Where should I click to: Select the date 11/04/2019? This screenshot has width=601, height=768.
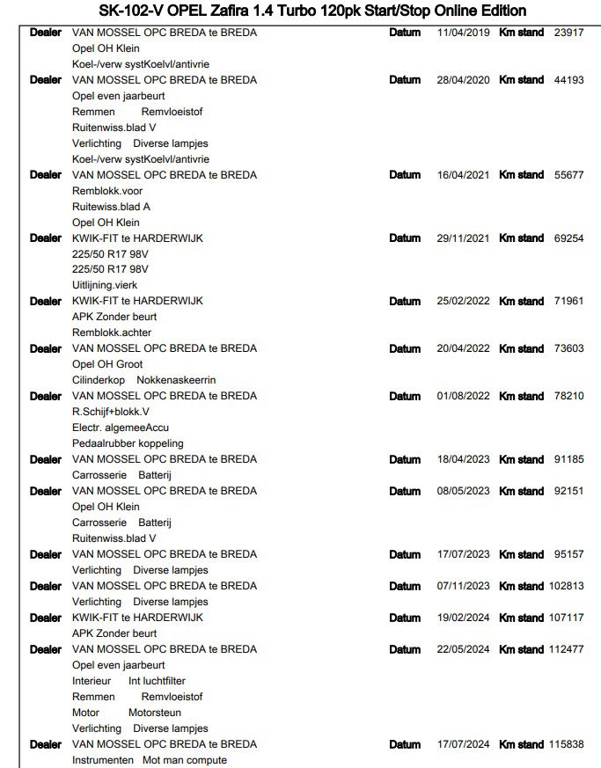coord(463,33)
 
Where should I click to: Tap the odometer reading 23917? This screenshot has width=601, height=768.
coord(568,33)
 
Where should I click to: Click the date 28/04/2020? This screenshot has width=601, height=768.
coord(463,80)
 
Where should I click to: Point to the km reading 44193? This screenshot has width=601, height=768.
coord(568,80)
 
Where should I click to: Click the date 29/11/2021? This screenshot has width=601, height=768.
coord(463,238)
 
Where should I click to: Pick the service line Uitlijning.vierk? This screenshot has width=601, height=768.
coord(105,285)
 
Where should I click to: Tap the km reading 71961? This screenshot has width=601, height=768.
coord(568,301)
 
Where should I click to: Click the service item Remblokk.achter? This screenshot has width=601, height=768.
coord(112,333)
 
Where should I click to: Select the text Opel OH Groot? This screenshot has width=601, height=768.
coord(107,364)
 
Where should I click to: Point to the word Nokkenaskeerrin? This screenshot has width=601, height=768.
coord(175,380)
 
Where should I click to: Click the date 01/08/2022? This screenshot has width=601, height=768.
coord(463,396)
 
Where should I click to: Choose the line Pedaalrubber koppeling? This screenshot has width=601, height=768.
coord(128,443)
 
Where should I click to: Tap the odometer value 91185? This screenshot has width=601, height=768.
coord(568,459)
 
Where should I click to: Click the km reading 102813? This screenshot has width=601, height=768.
coord(566,586)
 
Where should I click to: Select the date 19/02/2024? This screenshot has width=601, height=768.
coord(463,618)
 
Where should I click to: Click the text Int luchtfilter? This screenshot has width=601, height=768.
coord(157,681)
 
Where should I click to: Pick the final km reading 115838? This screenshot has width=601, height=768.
coord(566,744)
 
